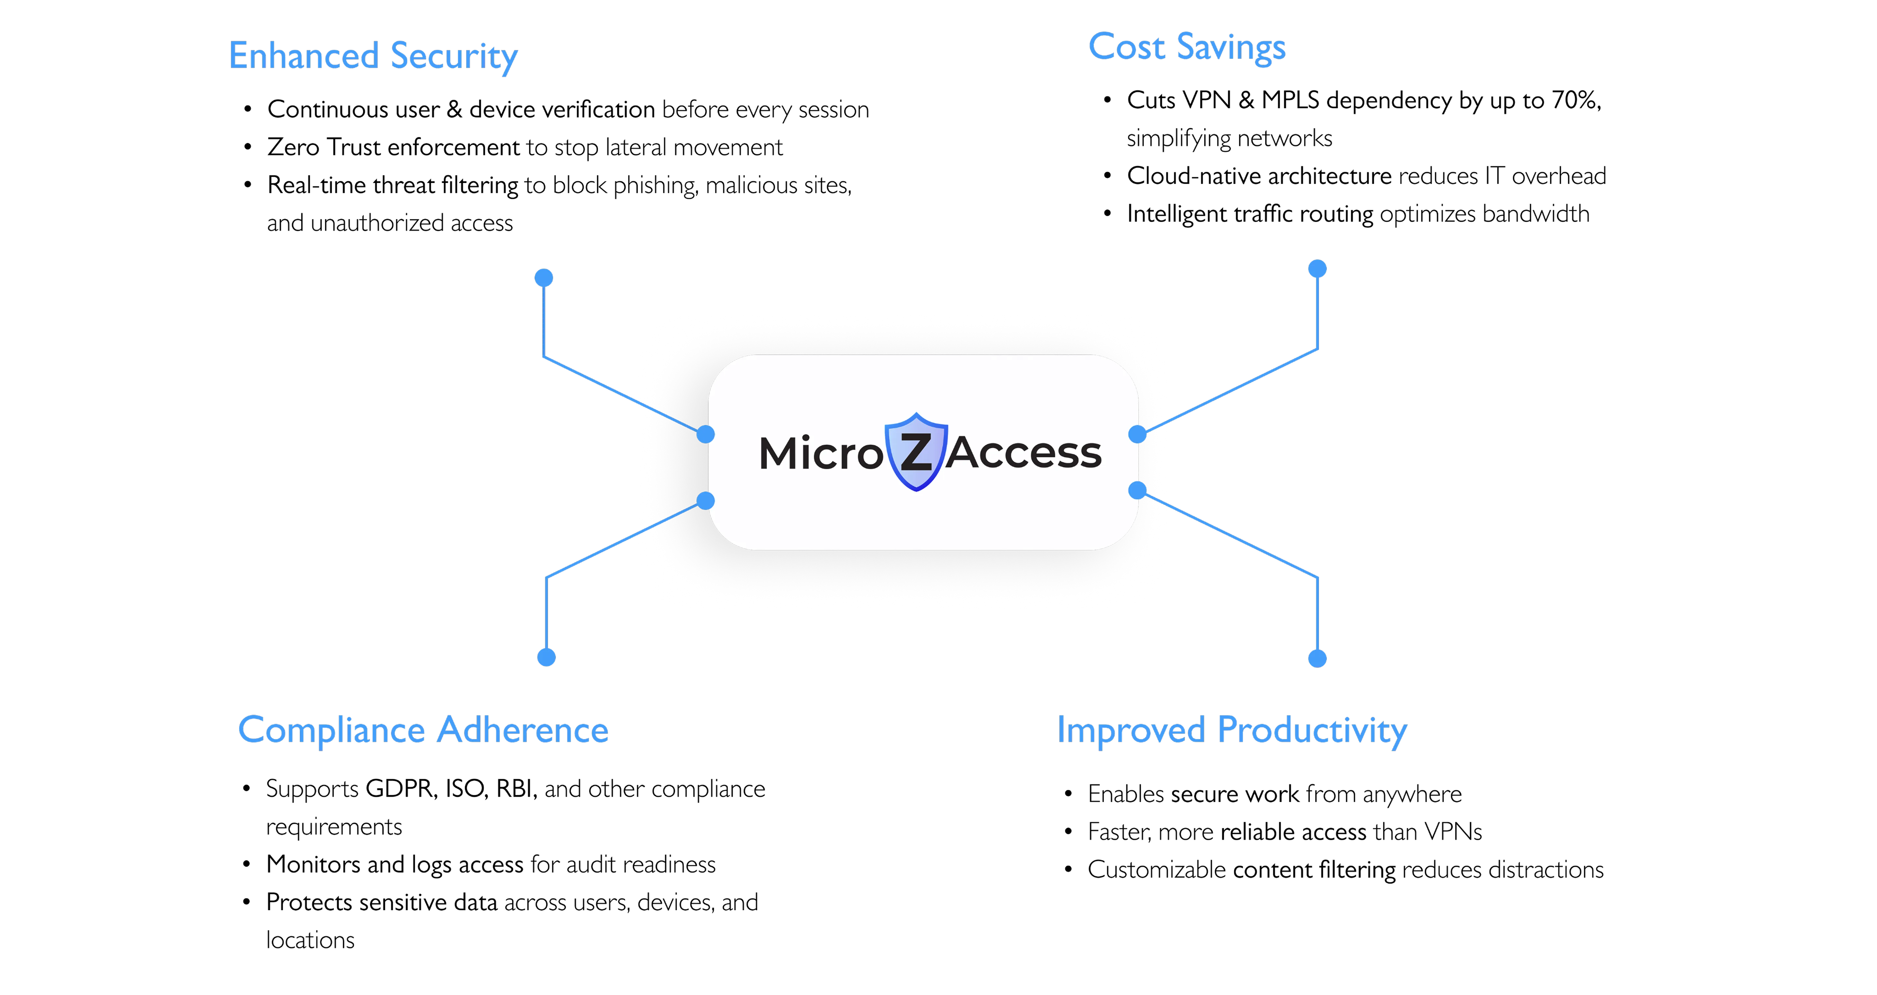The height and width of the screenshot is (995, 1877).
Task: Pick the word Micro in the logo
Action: (820, 453)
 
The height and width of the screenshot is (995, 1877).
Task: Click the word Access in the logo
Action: (1024, 453)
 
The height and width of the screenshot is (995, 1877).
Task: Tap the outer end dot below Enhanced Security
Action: (544, 277)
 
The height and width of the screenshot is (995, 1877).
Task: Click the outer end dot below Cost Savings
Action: (1317, 269)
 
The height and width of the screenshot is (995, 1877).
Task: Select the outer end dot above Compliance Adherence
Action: (547, 657)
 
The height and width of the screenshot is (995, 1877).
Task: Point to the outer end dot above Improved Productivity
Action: (1317, 659)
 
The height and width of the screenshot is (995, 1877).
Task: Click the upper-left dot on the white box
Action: (705, 434)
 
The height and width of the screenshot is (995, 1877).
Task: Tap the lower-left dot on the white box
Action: (705, 500)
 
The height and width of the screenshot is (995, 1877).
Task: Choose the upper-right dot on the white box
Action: (1137, 434)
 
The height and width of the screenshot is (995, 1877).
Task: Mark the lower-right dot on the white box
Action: (1137, 490)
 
